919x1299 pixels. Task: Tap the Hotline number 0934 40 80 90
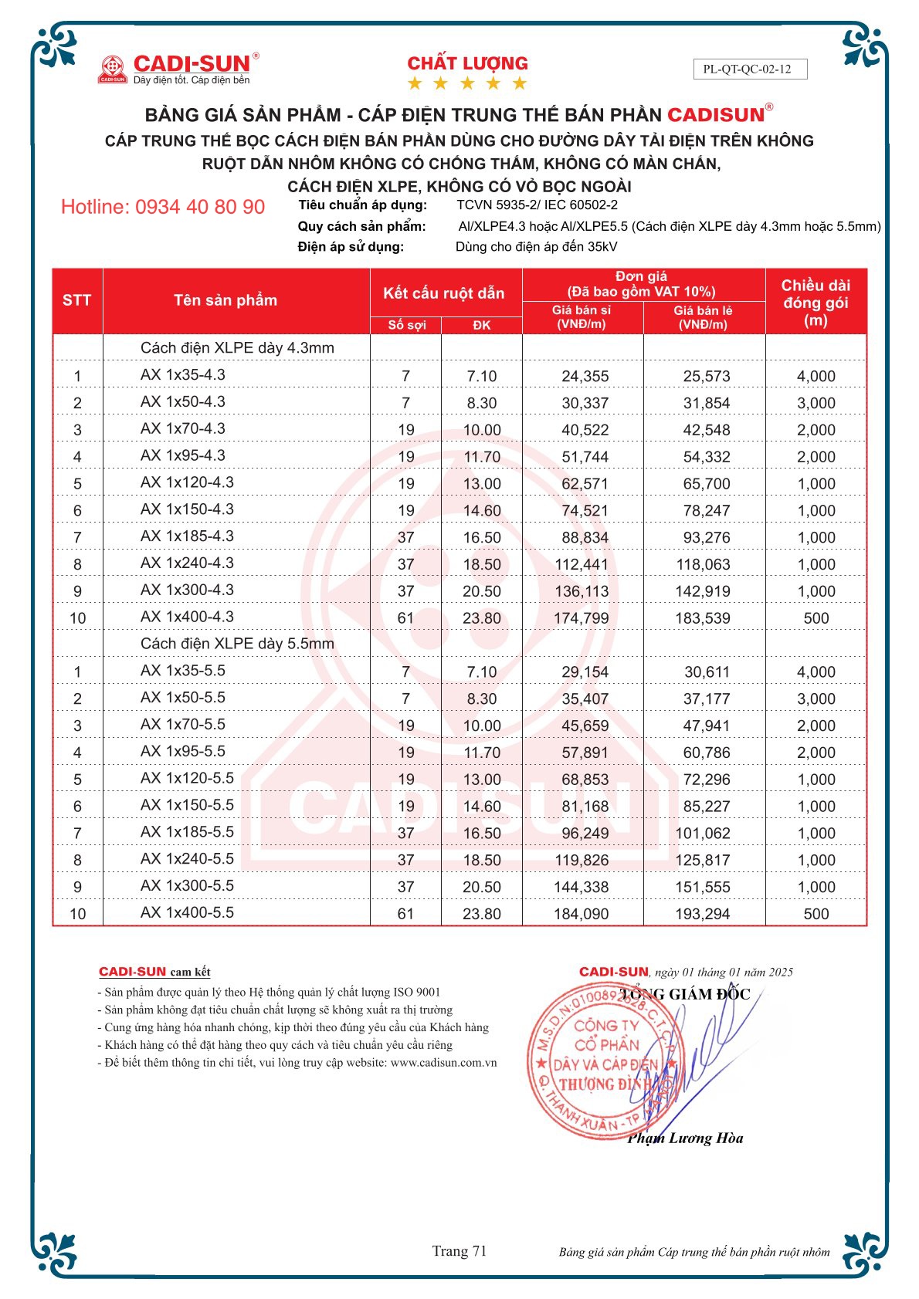click(x=163, y=207)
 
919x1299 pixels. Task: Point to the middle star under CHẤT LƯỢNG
click(x=467, y=83)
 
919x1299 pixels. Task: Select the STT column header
click(x=76, y=300)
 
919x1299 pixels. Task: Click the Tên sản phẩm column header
click(x=225, y=300)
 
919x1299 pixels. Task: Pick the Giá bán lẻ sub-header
click(x=703, y=317)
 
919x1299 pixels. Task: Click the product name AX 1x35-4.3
click(x=183, y=375)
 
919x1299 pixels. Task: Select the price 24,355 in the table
click(x=585, y=377)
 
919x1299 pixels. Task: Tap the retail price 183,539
click(x=703, y=618)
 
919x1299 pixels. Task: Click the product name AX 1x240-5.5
click(x=187, y=859)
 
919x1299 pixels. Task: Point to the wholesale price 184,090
click(x=581, y=914)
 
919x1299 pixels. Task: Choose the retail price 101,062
click(x=703, y=834)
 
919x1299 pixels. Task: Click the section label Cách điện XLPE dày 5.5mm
click(x=237, y=644)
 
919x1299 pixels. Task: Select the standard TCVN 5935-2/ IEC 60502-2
click(x=537, y=205)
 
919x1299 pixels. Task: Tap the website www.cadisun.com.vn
click(x=443, y=1063)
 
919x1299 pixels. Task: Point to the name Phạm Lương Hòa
click(x=685, y=1138)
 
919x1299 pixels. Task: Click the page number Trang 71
click(x=459, y=1251)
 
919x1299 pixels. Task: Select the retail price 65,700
click(x=706, y=484)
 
